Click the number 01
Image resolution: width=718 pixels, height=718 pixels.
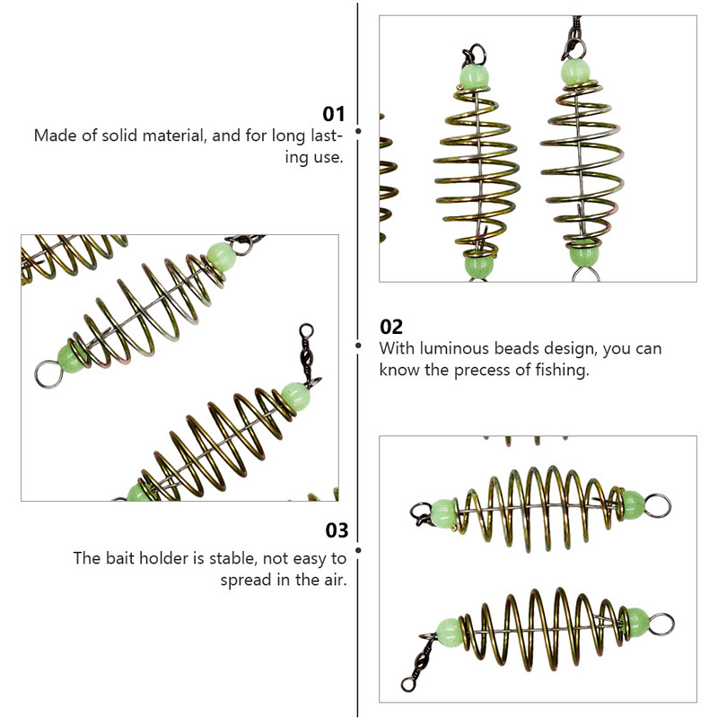coord(334,114)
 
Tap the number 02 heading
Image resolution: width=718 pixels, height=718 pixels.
coord(391,327)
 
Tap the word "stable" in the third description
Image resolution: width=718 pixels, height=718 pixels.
coord(229,558)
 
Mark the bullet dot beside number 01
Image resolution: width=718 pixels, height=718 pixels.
coord(358,131)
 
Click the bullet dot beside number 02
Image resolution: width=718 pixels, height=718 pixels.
coord(358,345)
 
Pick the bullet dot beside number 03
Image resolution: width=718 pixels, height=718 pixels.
coord(358,550)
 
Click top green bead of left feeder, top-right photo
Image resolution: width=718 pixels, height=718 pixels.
coord(473,74)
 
